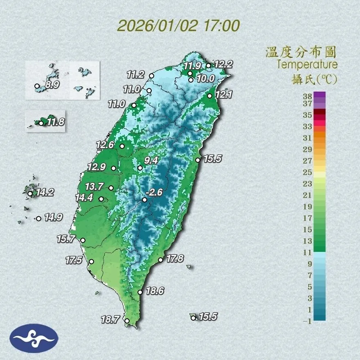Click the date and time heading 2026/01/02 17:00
click(x=178, y=26)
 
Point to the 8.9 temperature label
click(x=52, y=85)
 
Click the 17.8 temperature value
click(x=175, y=258)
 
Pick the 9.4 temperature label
click(x=151, y=160)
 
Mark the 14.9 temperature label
click(x=53, y=218)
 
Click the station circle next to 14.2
click(x=30, y=193)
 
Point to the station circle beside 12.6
click(x=122, y=146)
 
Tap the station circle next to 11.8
click(x=41, y=123)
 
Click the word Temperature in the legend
click(x=307, y=65)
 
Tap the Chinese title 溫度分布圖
click(x=301, y=52)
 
